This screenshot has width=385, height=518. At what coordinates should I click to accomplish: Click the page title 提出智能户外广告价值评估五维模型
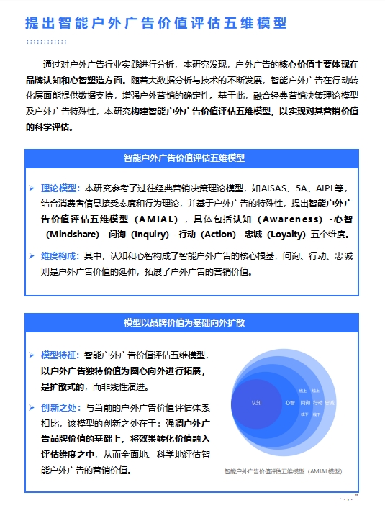(155, 23)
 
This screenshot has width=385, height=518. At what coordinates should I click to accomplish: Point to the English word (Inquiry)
(150, 235)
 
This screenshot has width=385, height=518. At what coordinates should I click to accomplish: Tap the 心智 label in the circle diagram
(290, 403)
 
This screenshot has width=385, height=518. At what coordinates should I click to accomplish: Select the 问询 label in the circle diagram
(305, 403)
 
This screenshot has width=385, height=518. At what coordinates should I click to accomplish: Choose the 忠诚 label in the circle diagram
(330, 403)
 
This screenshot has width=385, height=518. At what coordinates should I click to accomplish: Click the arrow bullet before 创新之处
(31, 408)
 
